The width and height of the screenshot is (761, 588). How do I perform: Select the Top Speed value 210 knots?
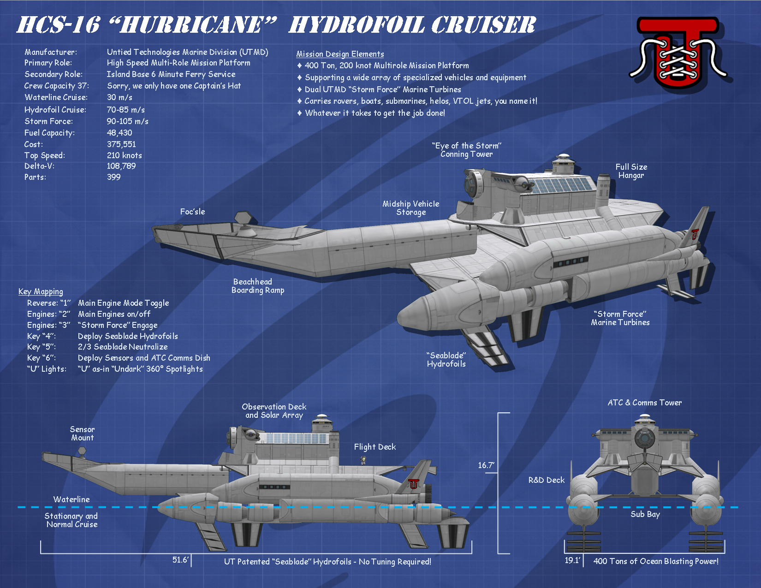(x=124, y=155)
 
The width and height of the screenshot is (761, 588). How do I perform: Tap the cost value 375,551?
(x=121, y=144)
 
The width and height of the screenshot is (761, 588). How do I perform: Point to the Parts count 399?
(x=113, y=177)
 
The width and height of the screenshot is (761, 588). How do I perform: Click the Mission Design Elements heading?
(x=340, y=54)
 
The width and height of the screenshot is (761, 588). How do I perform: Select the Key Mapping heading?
(x=41, y=291)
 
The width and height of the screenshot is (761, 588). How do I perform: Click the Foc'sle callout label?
(x=192, y=212)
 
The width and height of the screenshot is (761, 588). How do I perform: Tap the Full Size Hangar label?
(x=631, y=171)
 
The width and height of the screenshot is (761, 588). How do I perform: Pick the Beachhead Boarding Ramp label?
(x=257, y=286)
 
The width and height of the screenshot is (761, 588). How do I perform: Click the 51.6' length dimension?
(x=180, y=560)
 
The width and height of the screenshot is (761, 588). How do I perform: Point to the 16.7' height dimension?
(x=486, y=465)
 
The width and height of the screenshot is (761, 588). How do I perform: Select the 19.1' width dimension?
(x=572, y=560)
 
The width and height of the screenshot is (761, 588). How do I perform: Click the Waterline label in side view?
(x=71, y=499)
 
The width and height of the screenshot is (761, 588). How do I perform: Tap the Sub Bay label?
(x=645, y=514)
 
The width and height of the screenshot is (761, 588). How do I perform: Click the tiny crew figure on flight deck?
(x=363, y=460)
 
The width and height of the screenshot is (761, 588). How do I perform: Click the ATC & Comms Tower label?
(x=644, y=403)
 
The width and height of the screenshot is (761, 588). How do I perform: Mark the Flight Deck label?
(x=375, y=447)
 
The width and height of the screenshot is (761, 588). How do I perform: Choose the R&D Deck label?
(x=546, y=480)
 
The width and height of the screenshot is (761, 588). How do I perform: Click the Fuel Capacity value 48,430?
(x=119, y=133)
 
